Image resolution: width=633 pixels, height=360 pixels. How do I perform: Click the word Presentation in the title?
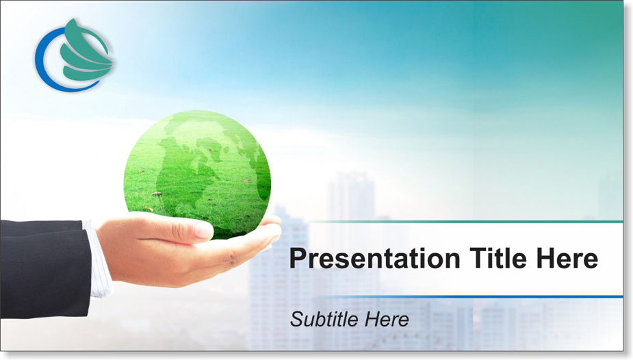(x=374, y=258)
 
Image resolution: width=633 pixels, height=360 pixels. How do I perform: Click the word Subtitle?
(x=324, y=319)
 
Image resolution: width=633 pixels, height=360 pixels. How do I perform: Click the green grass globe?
(x=197, y=175)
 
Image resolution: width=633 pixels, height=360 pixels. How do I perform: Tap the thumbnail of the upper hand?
(x=203, y=231)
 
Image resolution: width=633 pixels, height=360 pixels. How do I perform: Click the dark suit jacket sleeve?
(x=44, y=268)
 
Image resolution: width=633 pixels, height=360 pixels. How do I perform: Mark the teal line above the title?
(x=464, y=222)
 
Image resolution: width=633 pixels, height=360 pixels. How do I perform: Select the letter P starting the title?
(x=298, y=258)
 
